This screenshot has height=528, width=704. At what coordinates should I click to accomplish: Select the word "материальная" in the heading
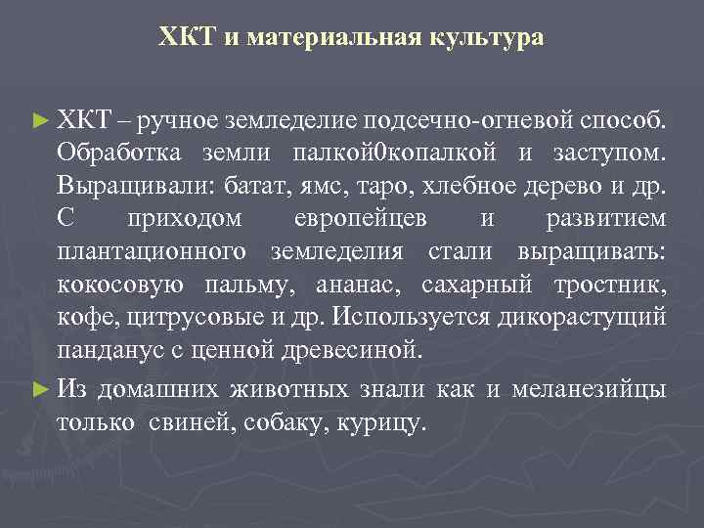point(333,37)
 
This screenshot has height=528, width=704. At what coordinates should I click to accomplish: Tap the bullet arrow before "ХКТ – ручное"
point(39,121)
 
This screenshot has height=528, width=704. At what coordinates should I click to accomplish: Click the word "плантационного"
point(152,251)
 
